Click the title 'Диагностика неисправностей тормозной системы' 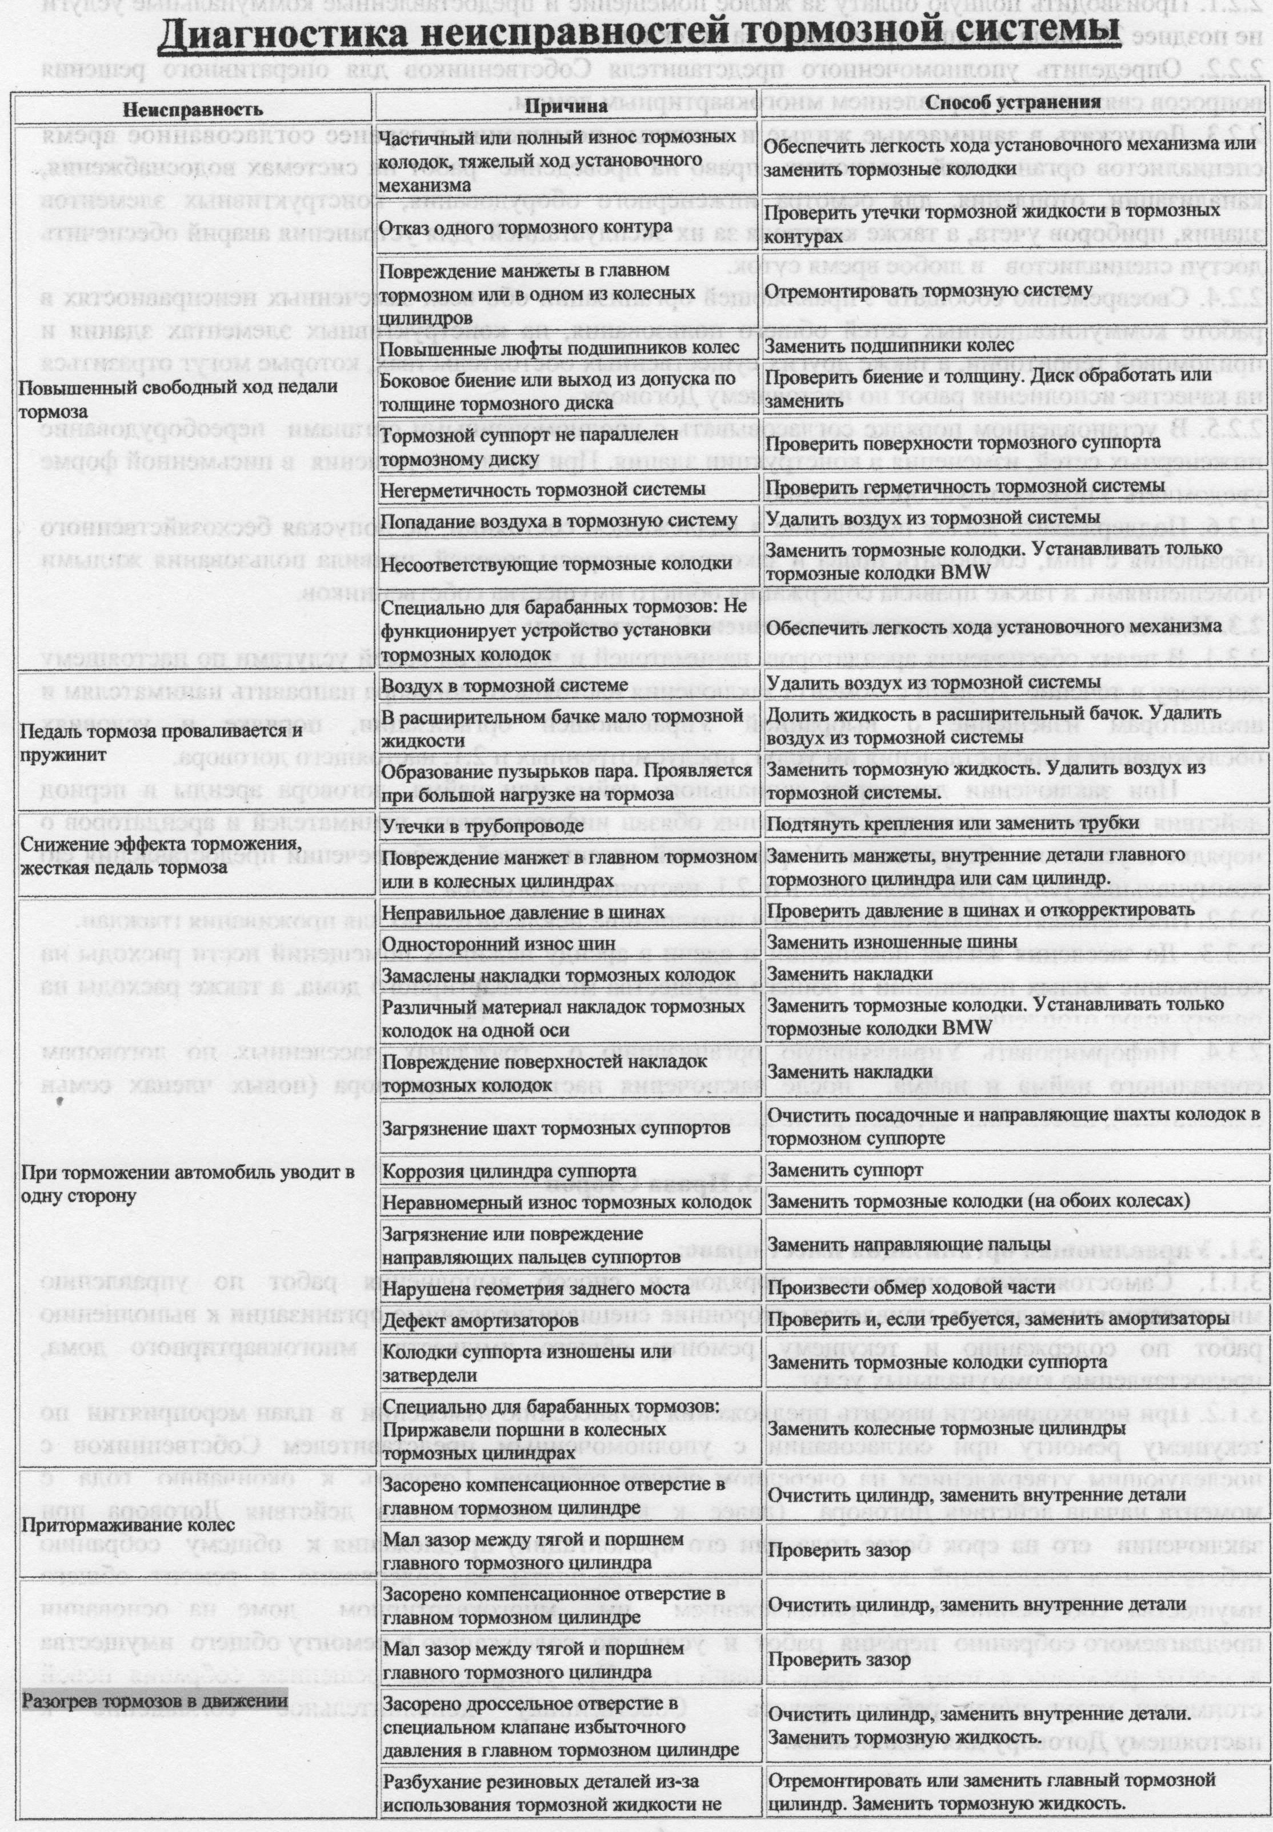click(x=636, y=36)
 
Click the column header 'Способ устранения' click(x=1012, y=102)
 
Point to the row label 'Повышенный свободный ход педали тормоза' click(x=178, y=399)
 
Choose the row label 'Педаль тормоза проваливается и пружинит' click(x=162, y=742)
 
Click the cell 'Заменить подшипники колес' click(x=890, y=345)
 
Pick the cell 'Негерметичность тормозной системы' click(x=542, y=488)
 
